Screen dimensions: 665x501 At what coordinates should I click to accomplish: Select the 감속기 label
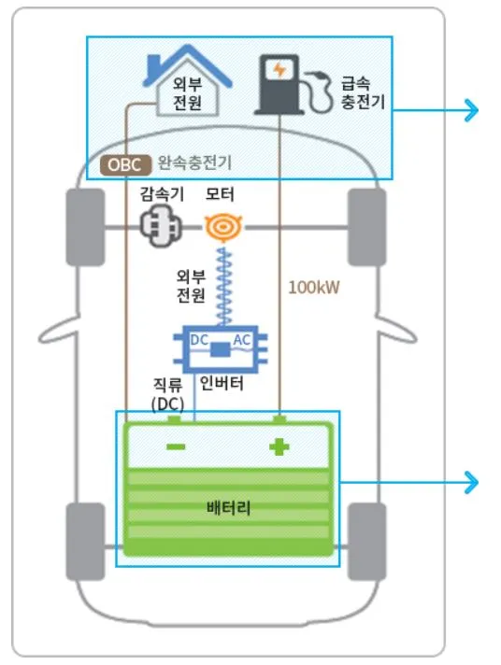162,195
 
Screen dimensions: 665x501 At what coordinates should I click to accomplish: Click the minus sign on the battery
175,446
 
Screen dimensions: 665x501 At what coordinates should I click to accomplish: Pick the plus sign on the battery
279,447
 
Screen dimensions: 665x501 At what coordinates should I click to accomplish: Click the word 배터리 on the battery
229,507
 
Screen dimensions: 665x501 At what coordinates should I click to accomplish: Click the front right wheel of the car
367,227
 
